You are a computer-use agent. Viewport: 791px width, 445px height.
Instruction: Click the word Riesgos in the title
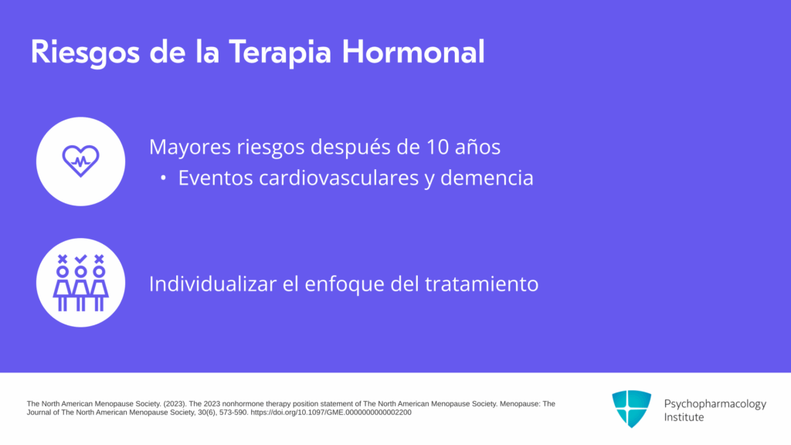(85, 53)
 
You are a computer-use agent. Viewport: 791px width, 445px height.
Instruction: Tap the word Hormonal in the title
(413, 52)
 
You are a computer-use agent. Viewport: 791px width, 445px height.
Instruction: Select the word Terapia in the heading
(280, 53)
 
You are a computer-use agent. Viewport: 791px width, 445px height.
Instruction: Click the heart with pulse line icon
(80, 161)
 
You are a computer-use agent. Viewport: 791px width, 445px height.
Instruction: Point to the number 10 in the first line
(437, 147)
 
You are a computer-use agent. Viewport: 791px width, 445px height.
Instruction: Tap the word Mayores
(190, 148)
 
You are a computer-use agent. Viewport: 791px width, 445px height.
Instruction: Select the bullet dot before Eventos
(163, 178)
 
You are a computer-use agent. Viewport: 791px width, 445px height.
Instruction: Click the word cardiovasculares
(338, 178)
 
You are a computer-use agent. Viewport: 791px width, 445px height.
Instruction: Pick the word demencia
(487, 178)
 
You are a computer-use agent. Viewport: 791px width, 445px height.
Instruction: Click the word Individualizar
(212, 284)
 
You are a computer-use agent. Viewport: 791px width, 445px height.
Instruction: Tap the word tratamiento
(482, 284)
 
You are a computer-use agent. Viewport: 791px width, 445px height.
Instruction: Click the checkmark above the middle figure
(80, 260)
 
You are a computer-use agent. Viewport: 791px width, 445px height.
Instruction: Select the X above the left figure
(63, 260)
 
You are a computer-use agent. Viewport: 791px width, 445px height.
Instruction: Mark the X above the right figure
(99, 260)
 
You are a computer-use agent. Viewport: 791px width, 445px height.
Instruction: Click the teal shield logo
(632, 409)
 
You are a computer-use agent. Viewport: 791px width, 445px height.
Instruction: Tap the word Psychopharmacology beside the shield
(715, 404)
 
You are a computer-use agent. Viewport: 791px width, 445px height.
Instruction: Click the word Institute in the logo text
(684, 417)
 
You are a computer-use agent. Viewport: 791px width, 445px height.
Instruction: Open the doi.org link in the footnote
(331, 413)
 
